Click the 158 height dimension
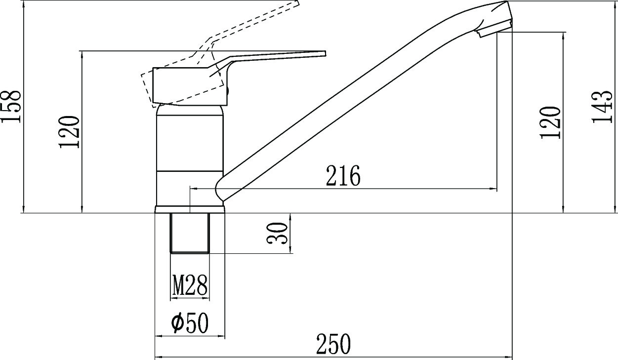pos(11,106)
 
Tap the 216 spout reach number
pos(343,175)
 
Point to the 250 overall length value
pos(333,344)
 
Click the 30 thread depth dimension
pos(277,234)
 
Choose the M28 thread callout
pos(190,284)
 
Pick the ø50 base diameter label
pos(190,323)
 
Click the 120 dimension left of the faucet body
pos(69,132)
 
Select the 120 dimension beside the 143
pos(550,122)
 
